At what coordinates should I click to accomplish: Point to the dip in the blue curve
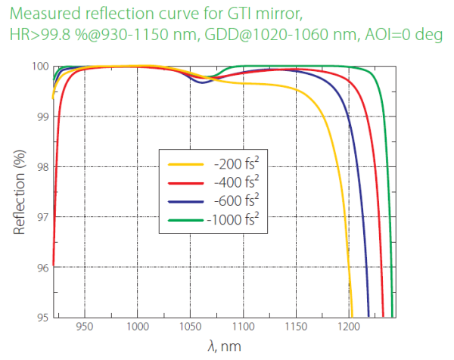point(201,82)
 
